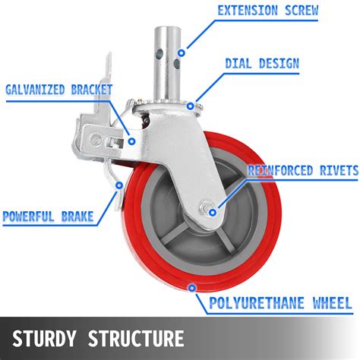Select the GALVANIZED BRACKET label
pos(58,90)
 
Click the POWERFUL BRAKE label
pos(48,216)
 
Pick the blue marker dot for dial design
pos(198,106)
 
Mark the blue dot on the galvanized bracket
pos(133,140)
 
